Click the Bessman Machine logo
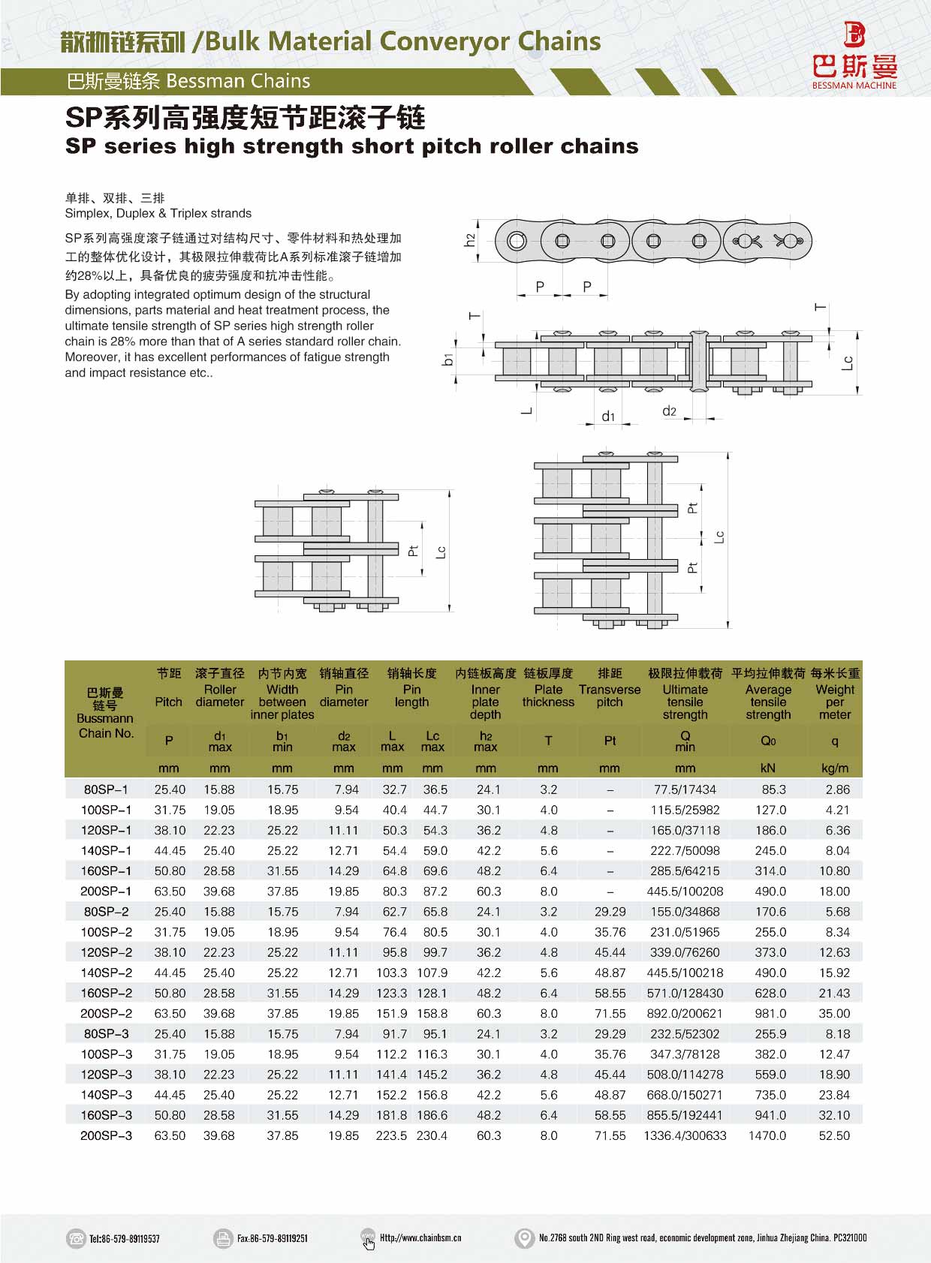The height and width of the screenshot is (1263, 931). point(854,56)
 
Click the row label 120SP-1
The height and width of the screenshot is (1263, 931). point(106,830)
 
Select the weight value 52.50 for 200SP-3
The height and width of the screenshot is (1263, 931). point(834,1135)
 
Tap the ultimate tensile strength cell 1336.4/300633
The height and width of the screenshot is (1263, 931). point(685,1135)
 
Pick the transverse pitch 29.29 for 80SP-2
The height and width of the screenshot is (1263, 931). point(610,911)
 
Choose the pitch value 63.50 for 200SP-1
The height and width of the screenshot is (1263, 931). point(170,891)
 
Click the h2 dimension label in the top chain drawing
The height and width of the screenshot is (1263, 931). point(470,240)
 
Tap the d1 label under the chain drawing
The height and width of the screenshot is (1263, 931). point(608,416)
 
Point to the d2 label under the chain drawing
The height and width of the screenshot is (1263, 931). point(669,410)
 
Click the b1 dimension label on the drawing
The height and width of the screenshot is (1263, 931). point(448,359)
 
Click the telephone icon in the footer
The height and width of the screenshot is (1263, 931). point(76,1238)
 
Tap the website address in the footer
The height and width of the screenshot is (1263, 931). point(420,1238)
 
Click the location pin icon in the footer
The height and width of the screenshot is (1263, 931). point(524,1238)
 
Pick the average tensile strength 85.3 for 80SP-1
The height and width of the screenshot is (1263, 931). point(773,789)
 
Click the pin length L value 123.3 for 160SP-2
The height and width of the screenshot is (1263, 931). point(392,993)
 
